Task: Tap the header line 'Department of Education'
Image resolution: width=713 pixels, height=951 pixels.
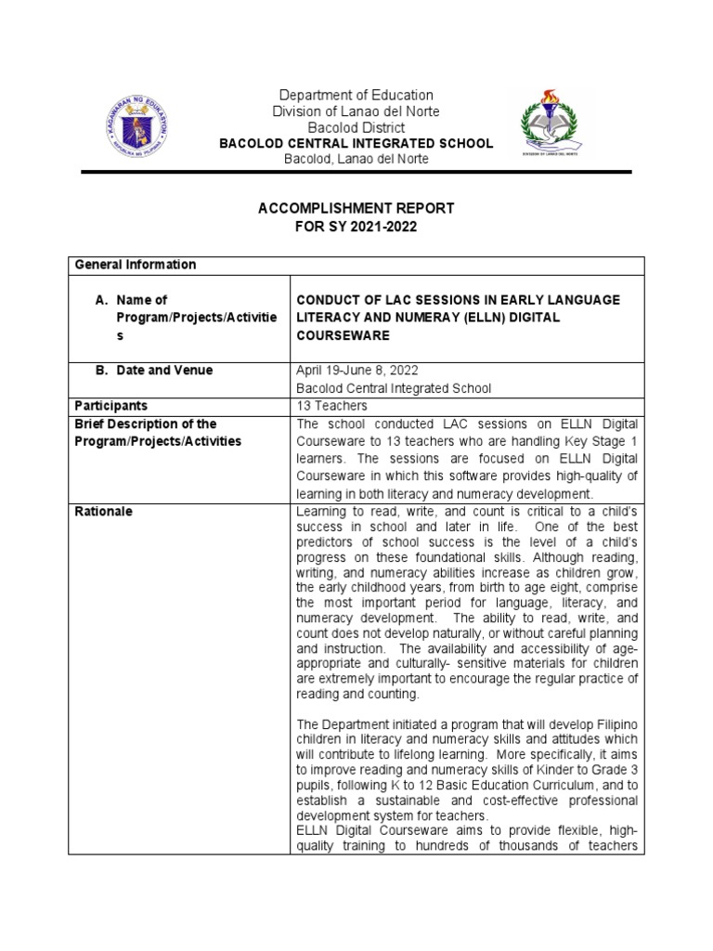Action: tap(357, 95)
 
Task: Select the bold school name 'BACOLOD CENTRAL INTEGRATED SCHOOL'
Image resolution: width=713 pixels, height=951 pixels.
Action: tap(356, 144)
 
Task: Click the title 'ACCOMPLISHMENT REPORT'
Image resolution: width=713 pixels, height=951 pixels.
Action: tap(356, 208)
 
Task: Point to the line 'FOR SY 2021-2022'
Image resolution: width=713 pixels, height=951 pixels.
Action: tap(356, 226)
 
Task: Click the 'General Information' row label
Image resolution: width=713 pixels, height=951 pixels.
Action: tap(136, 265)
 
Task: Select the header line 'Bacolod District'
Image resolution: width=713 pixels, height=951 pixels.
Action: tap(356, 127)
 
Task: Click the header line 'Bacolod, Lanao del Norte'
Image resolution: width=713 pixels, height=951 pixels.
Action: tap(356, 160)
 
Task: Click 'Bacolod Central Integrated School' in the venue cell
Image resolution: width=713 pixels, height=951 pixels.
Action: tap(393, 388)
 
